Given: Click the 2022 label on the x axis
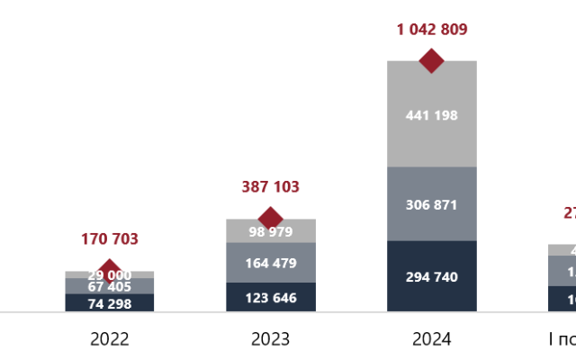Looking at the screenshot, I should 109,339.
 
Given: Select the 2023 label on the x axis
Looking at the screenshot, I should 270,339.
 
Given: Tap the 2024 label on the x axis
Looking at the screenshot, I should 431,339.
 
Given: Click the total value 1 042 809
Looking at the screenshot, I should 431,30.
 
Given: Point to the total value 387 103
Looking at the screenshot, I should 270,187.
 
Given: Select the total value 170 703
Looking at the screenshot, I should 109,239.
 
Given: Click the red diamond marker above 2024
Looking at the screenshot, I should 432,61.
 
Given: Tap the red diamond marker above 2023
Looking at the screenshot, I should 270,218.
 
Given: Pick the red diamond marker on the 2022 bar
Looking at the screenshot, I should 110,270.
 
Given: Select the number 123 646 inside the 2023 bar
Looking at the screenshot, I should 270,297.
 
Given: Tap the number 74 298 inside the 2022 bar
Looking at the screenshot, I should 109,303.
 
